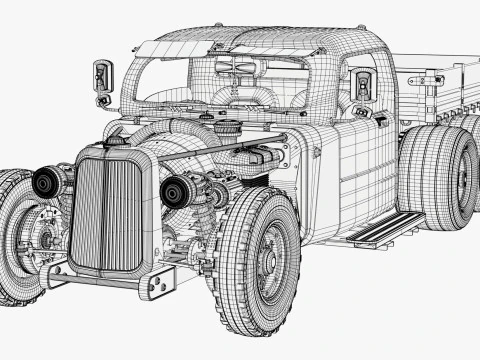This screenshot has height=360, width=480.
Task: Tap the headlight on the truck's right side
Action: click(x=46, y=183)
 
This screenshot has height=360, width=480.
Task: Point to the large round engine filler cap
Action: click(x=228, y=128)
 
